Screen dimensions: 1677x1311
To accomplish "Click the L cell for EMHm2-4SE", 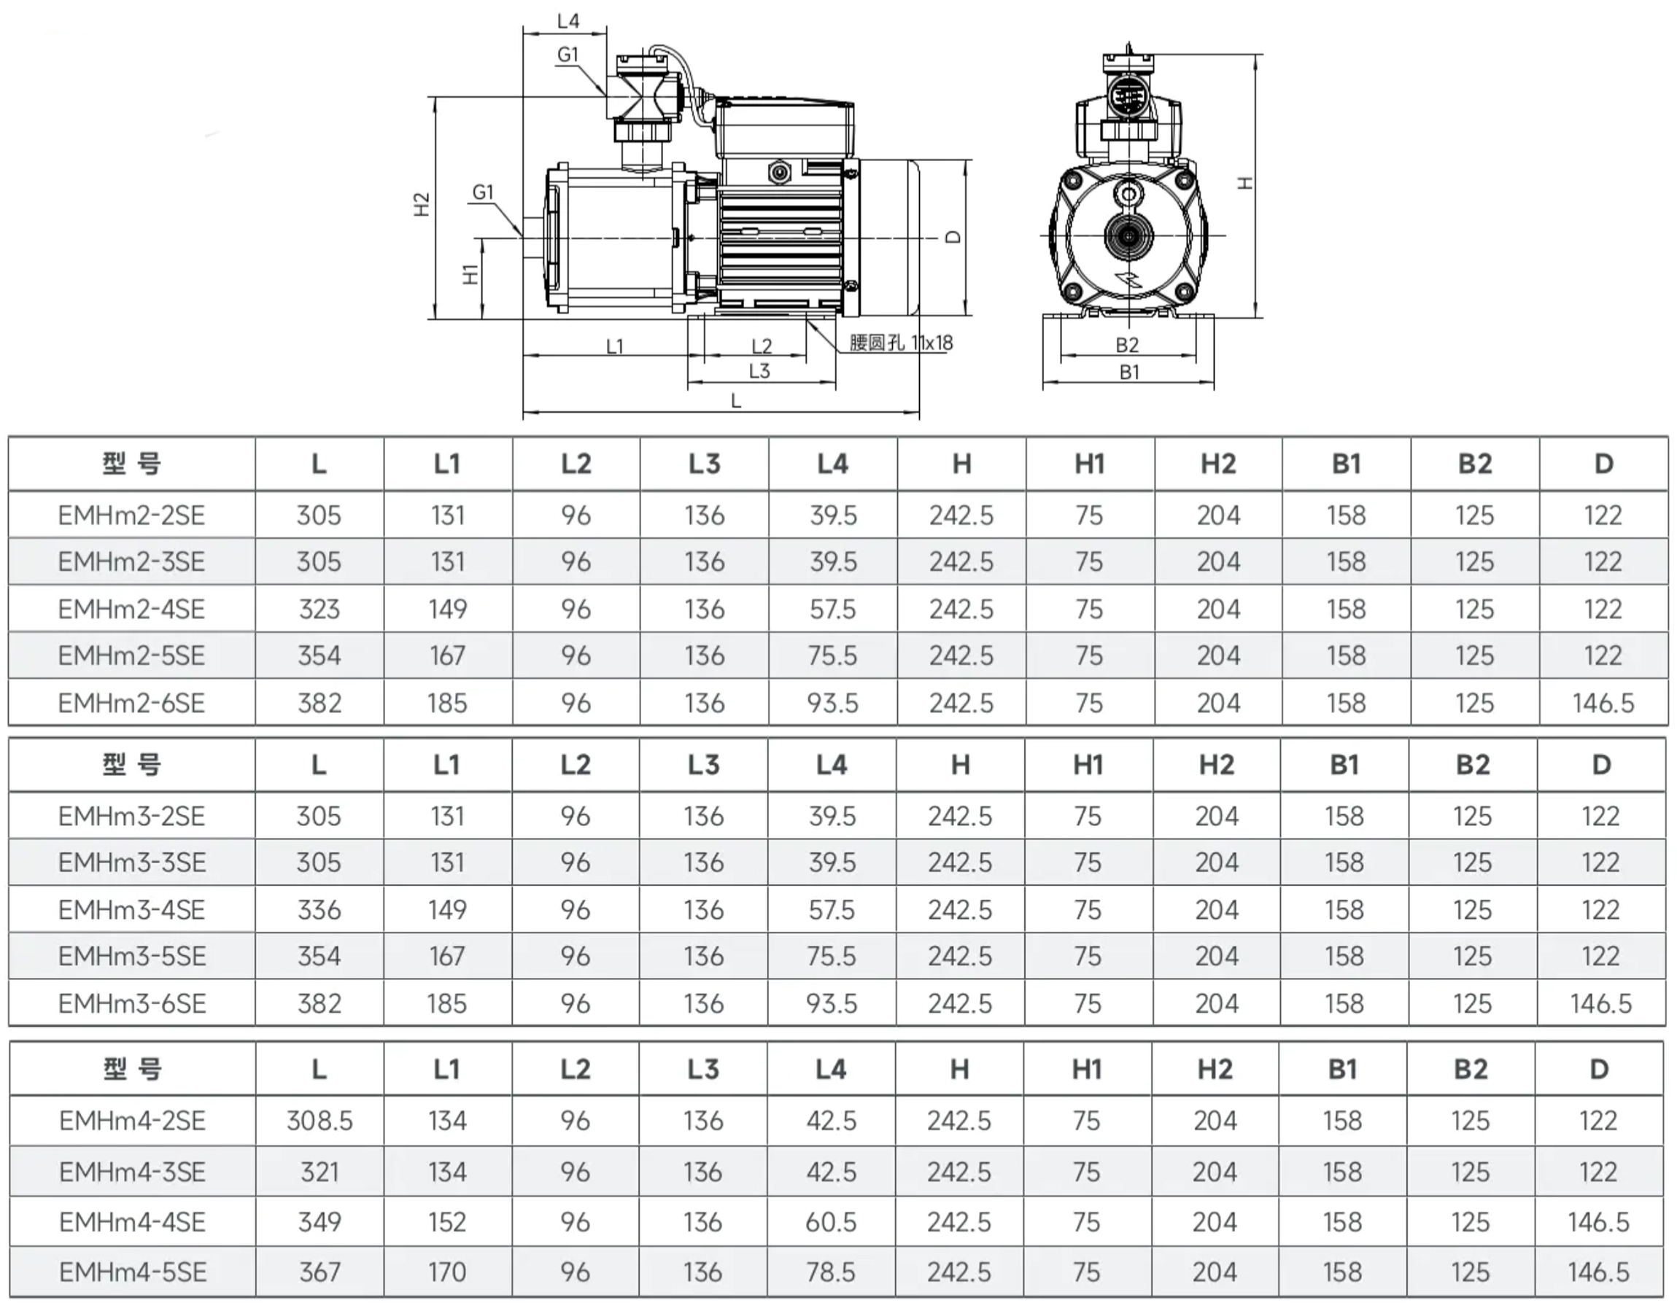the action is tap(319, 610).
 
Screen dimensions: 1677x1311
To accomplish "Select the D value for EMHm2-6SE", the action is tap(1603, 703).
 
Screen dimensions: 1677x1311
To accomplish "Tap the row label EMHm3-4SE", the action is tap(132, 910).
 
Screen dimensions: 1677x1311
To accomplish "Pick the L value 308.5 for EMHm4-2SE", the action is tap(319, 1121).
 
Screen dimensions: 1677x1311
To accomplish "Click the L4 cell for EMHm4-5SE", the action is tap(831, 1272).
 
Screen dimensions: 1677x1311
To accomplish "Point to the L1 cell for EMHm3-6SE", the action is tap(447, 1004).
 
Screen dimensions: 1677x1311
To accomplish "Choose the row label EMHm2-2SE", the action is tap(132, 516).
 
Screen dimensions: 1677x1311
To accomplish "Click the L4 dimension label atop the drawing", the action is tap(568, 21).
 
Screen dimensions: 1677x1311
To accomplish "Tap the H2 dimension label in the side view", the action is tap(422, 205).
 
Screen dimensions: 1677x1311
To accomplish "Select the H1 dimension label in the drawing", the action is tap(470, 274).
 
